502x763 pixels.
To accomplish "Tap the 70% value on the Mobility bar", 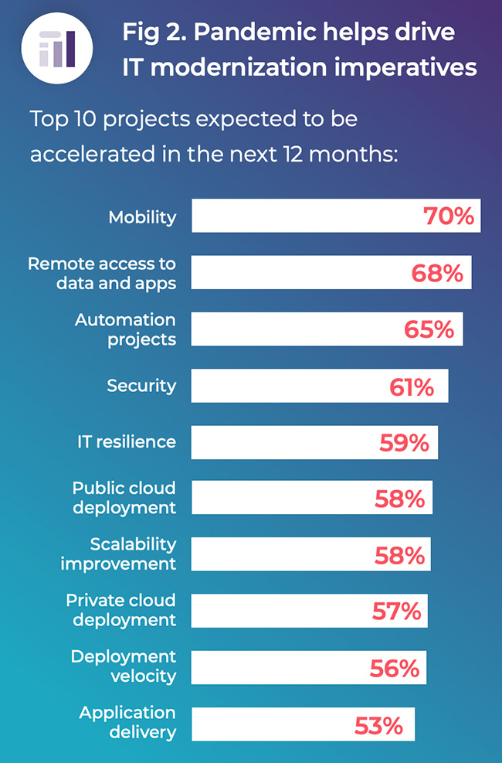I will click(448, 216).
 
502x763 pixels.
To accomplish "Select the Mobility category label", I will click(142, 217).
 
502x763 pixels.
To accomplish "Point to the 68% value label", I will click(438, 273).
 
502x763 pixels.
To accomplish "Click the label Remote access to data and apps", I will click(102, 273).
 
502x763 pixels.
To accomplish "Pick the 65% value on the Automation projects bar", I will click(429, 329).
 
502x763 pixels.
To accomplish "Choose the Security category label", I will click(141, 385).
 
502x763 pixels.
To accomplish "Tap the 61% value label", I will click(412, 387).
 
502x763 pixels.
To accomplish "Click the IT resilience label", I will click(127, 441).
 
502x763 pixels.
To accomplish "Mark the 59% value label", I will click(404, 443).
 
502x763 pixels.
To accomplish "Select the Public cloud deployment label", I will click(124, 498).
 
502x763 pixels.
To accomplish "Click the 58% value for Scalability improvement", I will click(399, 556).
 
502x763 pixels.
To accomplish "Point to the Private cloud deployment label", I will click(120, 610).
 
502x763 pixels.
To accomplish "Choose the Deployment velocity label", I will click(124, 666).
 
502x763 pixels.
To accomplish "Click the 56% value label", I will click(394, 669).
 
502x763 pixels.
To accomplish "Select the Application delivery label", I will click(127, 722).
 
